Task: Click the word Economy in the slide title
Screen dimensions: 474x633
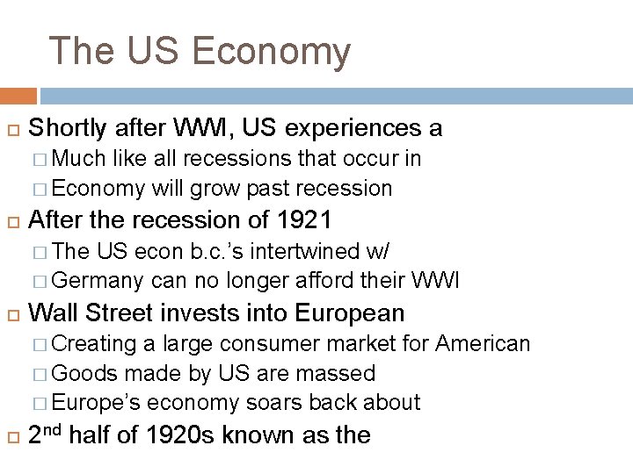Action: [270, 52]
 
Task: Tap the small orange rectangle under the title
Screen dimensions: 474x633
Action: [18, 95]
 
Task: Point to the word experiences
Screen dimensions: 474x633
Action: [349, 128]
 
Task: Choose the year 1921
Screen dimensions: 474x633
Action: [302, 219]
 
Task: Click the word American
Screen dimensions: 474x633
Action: [483, 343]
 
